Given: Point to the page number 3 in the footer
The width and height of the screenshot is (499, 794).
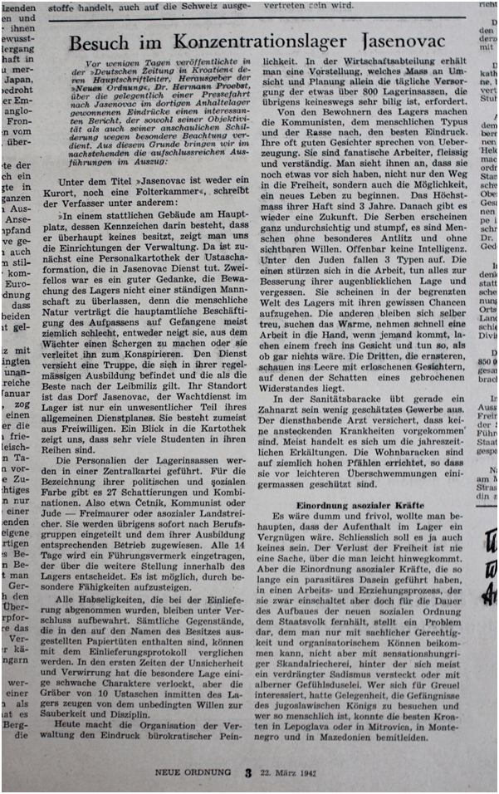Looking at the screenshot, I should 247,772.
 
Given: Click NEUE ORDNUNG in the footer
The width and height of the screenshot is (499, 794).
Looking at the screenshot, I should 191,772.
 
